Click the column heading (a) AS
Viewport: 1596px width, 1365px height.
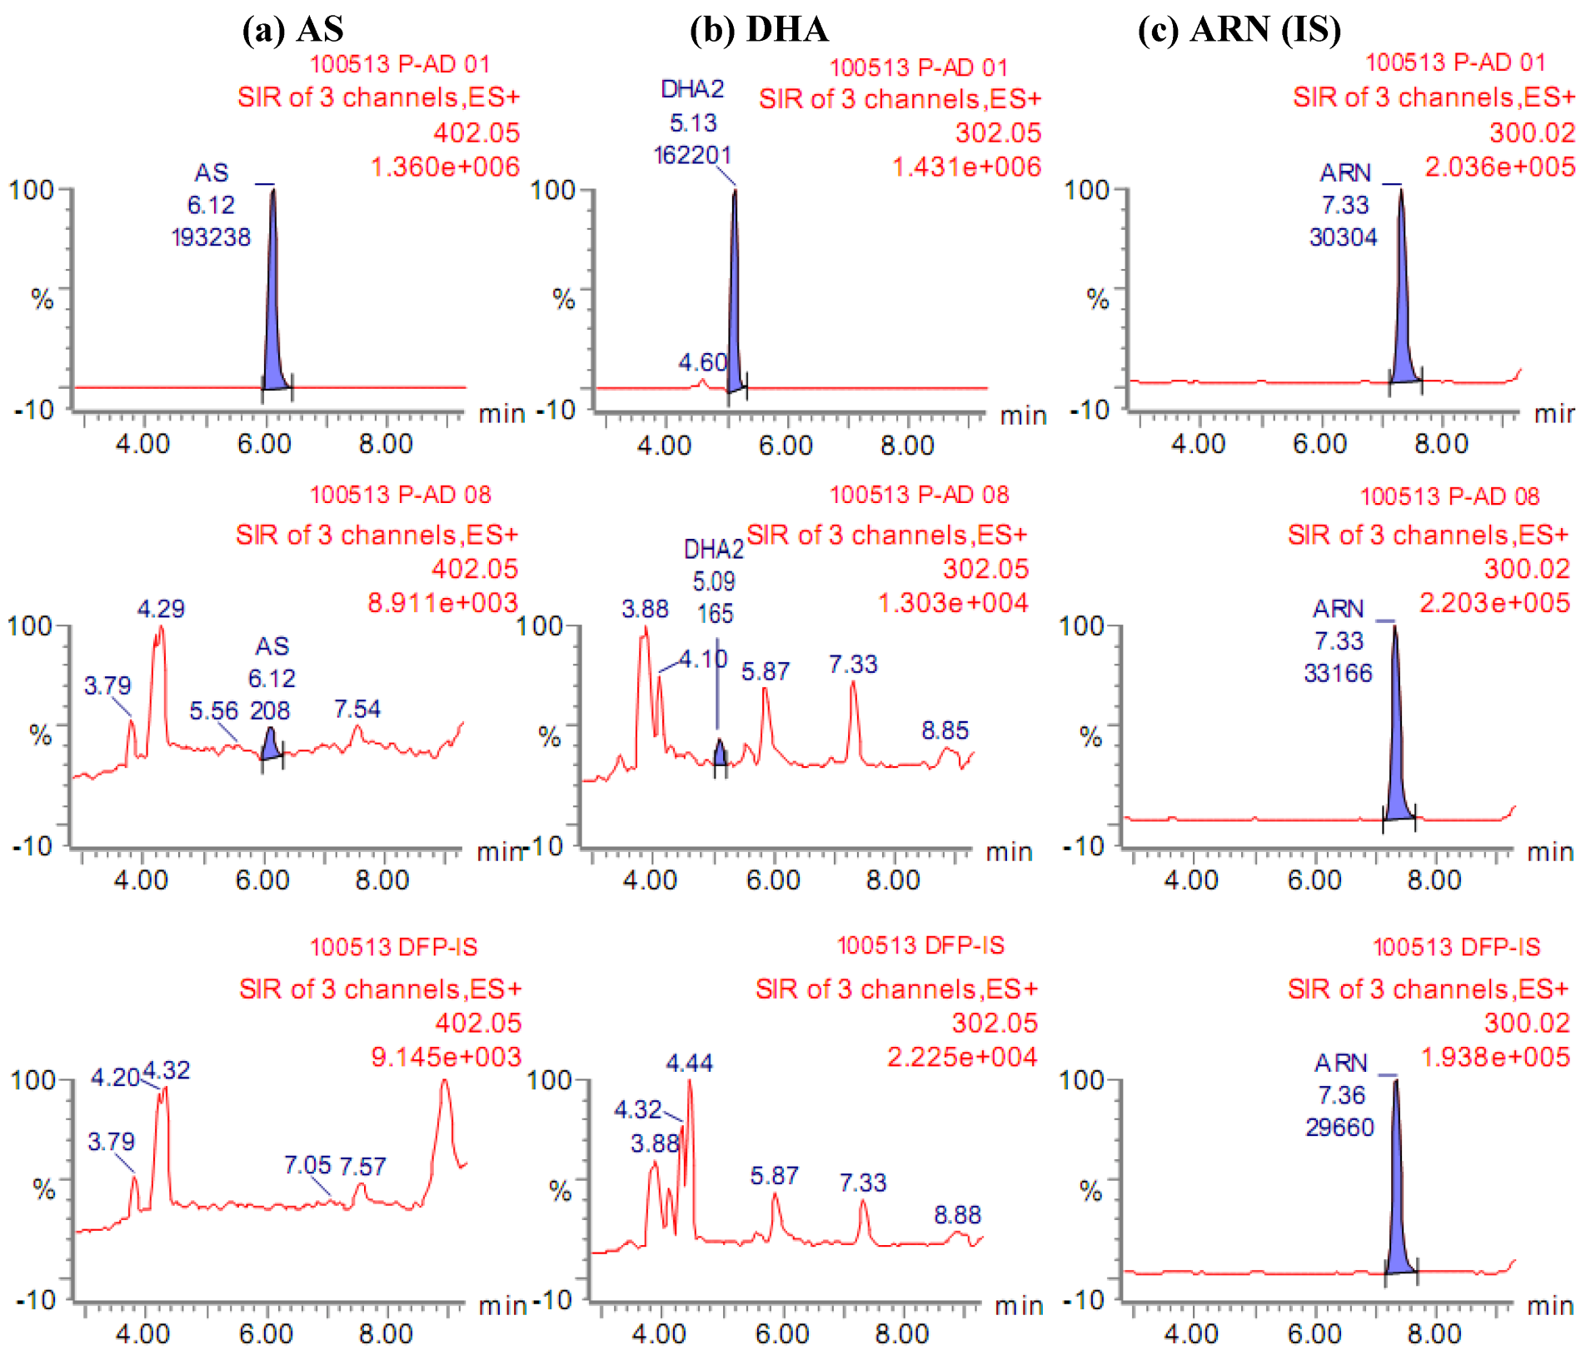[x=292, y=30]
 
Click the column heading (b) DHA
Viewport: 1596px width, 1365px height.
[x=759, y=30]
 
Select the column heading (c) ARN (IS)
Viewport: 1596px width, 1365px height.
[x=1239, y=30]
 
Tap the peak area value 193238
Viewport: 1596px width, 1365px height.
[x=211, y=237]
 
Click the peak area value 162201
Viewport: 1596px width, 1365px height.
[x=692, y=156]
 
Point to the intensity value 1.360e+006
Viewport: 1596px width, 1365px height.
[x=445, y=167]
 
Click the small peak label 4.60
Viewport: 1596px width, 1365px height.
[x=702, y=362]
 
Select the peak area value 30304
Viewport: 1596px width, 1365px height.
[x=1343, y=237]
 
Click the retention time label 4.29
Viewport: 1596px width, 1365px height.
[x=161, y=609]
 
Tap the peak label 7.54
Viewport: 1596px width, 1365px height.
[x=357, y=709]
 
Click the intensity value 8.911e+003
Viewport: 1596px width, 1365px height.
[x=442, y=602]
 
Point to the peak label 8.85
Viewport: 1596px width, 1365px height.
[x=945, y=730]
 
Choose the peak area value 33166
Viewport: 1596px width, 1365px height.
[x=1338, y=673]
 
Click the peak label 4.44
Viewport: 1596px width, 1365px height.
[x=689, y=1063]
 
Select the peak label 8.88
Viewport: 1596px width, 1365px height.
[x=957, y=1215]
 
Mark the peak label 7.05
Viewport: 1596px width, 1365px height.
[x=307, y=1164]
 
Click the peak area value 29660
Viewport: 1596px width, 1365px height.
[x=1339, y=1127]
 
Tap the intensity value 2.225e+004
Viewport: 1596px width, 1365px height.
[x=961, y=1057]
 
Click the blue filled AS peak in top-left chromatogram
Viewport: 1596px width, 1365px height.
[x=272, y=333]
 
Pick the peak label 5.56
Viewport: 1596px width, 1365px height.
[x=213, y=710]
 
